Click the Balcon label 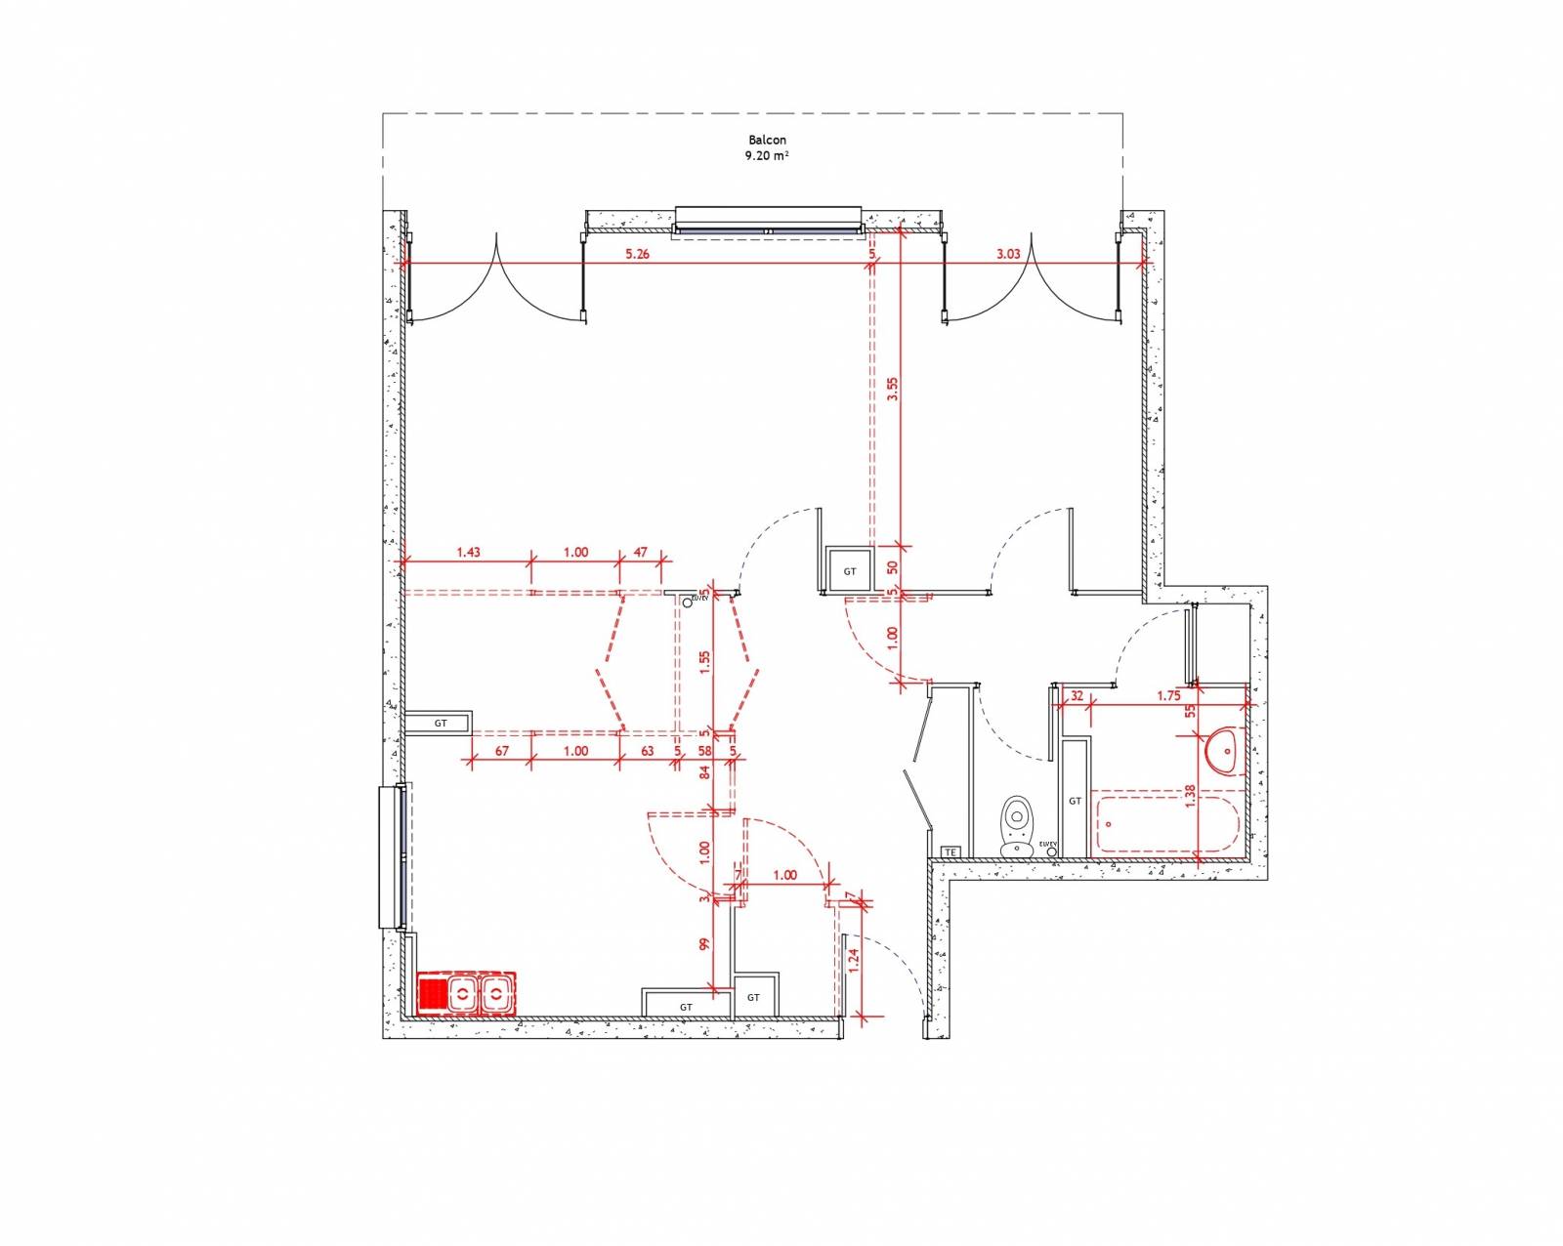pos(767,140)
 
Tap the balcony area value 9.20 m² pos(767,155)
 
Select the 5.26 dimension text pos(637,254)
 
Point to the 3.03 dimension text pos(1008,254)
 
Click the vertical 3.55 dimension pos(891,390)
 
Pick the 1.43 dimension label pos(468,552)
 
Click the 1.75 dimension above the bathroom pos(1168,696)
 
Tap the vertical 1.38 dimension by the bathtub pos(1190,797)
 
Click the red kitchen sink pos(466,994)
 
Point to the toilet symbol pos(1017,826)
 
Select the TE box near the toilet pos(950,852)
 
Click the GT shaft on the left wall pos(440,724)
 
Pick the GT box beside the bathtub pos(1075,801)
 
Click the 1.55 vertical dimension pos(705,662)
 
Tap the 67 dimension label pos(502,751)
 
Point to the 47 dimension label pos(641,552)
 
